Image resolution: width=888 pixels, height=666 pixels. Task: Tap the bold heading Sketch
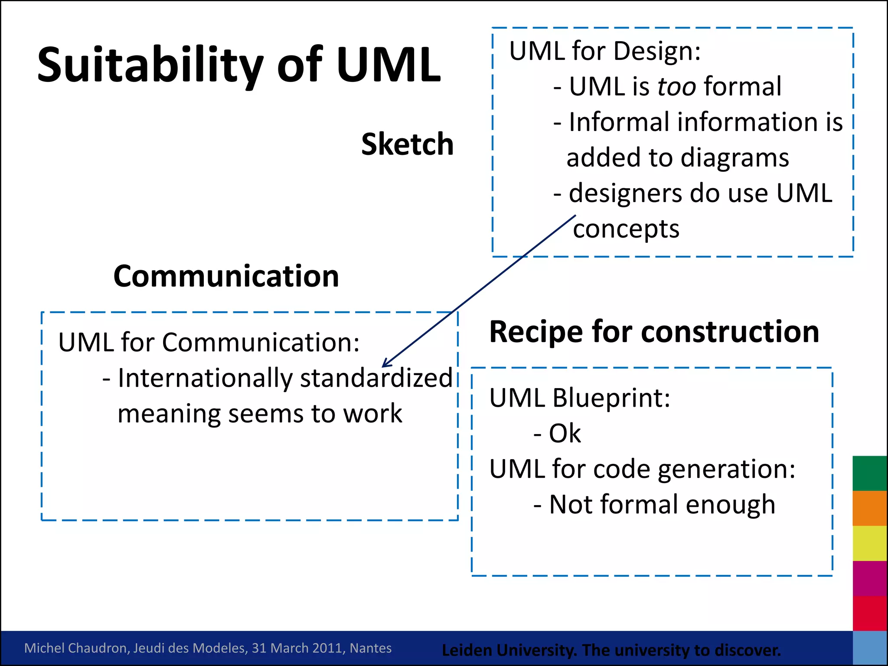pos(407,144)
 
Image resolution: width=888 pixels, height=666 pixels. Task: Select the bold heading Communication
pos(226,276)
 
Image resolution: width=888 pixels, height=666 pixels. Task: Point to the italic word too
pos(677,86)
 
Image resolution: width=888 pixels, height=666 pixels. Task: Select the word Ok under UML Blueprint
pos(565,433)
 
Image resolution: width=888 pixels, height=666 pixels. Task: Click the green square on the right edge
pos(869,473)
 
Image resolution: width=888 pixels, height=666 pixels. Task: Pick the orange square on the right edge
pos(869,508)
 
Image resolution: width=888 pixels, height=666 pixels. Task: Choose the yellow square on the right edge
pos(869,543)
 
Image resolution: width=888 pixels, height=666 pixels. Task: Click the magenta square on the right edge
pos(869,578)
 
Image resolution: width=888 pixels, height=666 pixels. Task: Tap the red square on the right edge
pos(869,613)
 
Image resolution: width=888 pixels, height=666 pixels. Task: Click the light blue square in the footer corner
pos(869,648)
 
